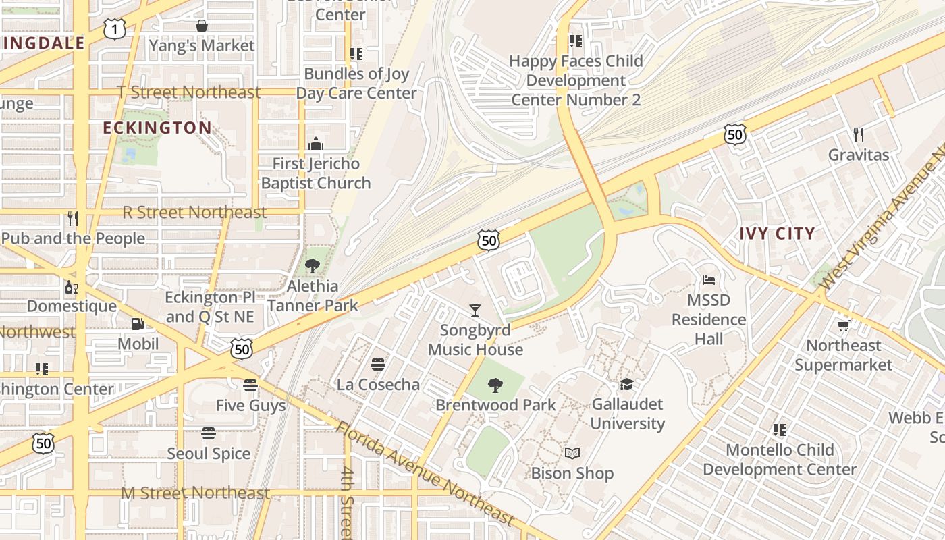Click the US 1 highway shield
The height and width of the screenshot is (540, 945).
(x=115, y=29)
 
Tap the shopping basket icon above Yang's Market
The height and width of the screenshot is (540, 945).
(x=201, y=26)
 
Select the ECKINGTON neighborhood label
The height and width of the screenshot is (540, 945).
(x=157, y=128)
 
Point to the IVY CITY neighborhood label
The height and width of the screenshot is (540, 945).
(x=777, y=234)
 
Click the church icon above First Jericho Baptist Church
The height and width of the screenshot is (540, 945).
(x=315, y=144)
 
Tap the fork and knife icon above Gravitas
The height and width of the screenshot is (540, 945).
(x=858, y=135)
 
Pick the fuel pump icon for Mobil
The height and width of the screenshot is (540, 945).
(x=138, y=324)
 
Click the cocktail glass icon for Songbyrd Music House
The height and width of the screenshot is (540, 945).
(x=475, y=310)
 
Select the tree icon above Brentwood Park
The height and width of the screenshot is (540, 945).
(x=495, y=385)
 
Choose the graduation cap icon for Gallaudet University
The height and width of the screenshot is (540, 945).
(x=627, y=385)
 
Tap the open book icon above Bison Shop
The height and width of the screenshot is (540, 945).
(x=572, y=454)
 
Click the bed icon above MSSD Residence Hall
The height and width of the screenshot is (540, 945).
(x=709, y=280)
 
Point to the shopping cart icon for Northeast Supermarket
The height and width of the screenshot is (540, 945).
(x=843, y=326)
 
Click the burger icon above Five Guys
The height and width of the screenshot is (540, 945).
(x=250, y=385)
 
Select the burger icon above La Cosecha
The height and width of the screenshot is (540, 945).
(x=378, y=364)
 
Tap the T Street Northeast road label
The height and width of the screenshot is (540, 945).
(x=188, y=92)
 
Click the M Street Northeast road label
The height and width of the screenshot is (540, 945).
(x=195, y=493)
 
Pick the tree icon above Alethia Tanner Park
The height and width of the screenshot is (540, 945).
(x=312, y=266)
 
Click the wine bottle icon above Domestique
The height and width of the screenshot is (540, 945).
(x=71, y=287)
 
